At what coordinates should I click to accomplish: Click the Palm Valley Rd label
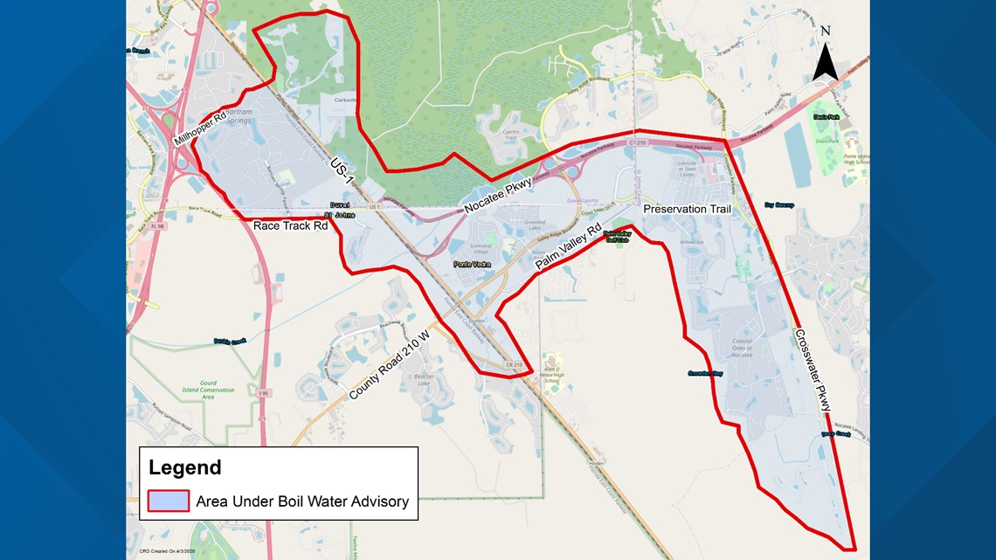pos(570,250)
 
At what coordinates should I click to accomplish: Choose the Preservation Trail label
pos(687,211)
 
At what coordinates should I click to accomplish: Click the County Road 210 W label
pos(391,365)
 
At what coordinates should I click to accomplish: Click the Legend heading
pos(184,467)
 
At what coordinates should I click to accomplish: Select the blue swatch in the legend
pos(168,501)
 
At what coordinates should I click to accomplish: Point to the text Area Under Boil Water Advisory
pos(302,501)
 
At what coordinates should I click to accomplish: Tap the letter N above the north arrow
pos(826,31)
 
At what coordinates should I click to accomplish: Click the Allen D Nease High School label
pos(552,369)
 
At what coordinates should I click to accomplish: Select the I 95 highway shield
pos(263,394)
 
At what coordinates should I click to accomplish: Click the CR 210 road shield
pos(490,364)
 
